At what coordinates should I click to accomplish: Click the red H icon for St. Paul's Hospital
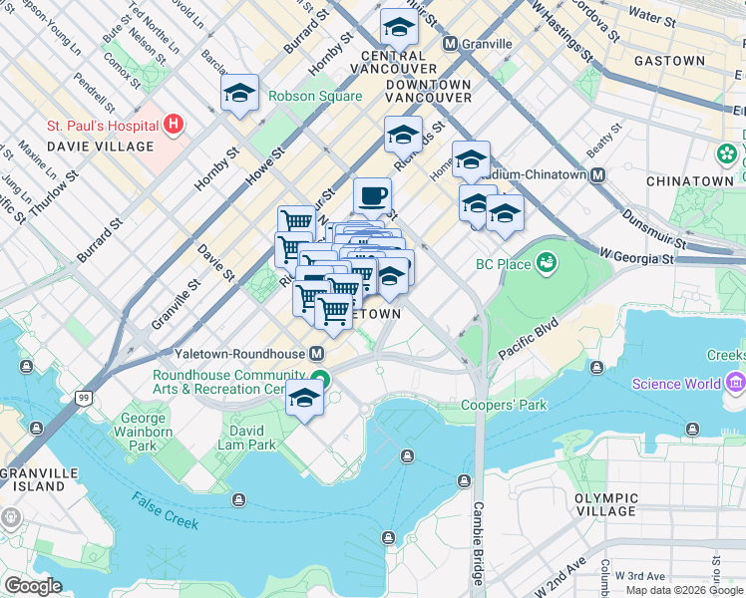pos(175,125)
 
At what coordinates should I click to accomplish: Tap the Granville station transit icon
pos(450,44)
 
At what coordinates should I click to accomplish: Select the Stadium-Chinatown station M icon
pos(598,174)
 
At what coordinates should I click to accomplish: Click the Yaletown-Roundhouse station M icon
pos(317,354)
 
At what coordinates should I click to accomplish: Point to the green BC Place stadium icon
pos(546,263)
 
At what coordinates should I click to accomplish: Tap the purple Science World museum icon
pos(736,383)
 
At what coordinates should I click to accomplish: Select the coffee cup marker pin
pos(372,195)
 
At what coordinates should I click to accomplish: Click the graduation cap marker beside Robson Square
pos(239,94)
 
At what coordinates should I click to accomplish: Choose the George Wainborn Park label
pos(146,433)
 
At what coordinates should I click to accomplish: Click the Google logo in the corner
pos(33,585)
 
